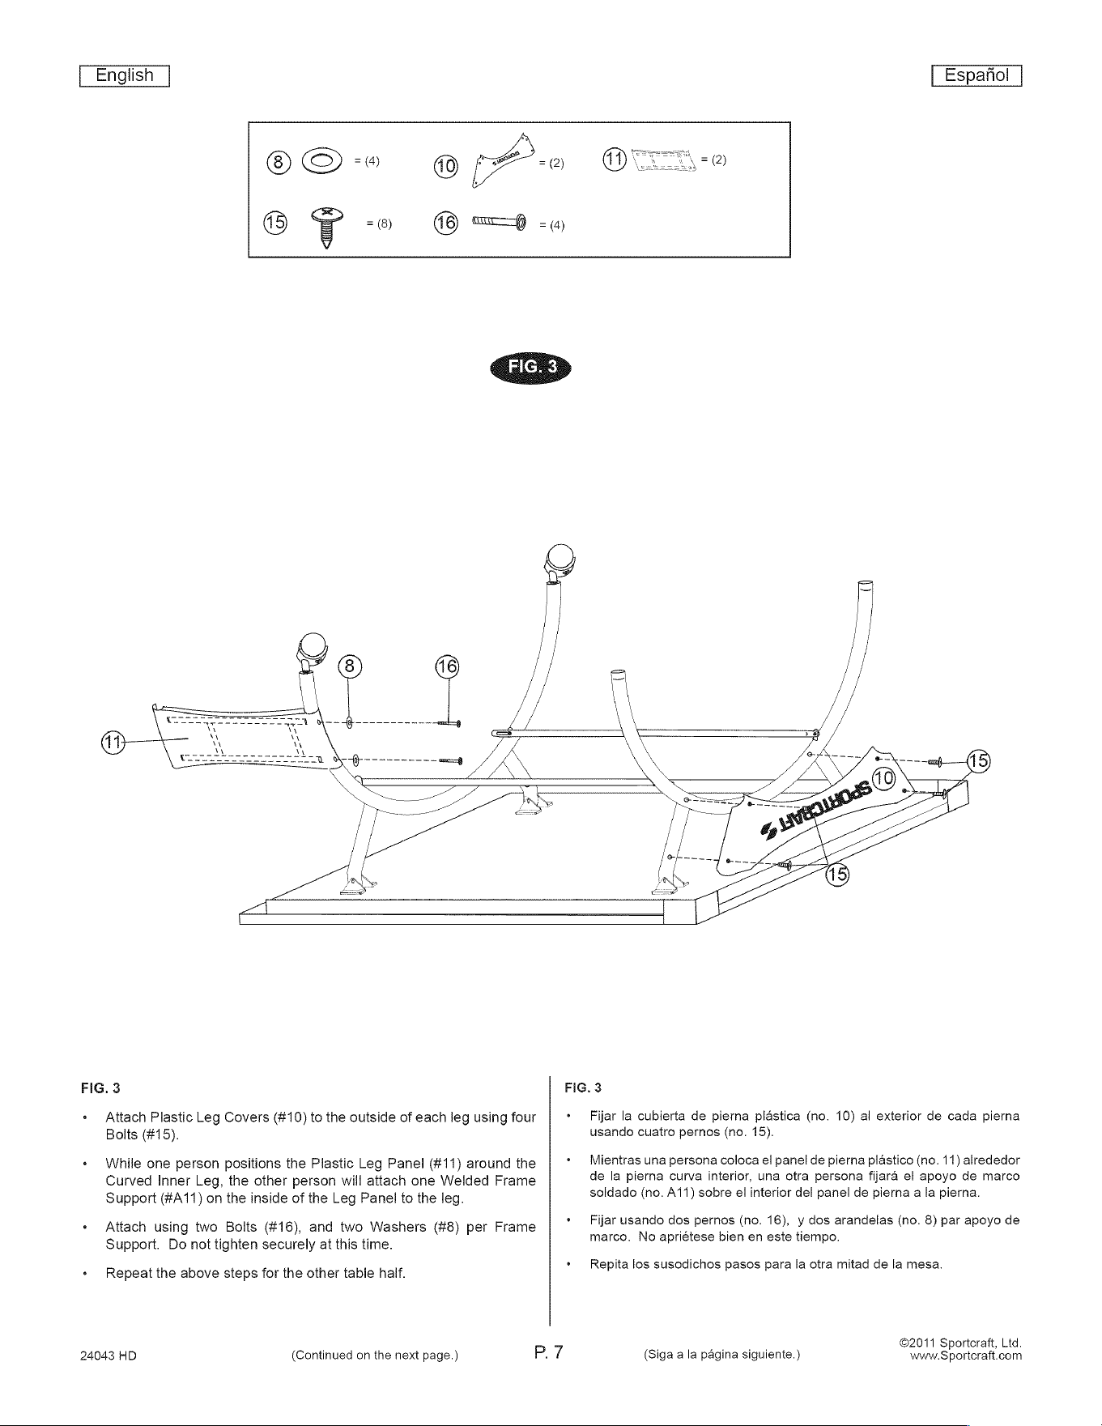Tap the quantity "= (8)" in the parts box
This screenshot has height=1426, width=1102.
tap(379, 224)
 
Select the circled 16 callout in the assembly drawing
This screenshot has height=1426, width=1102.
tap(447, 666)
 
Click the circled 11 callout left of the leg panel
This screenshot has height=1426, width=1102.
tap(113, 741)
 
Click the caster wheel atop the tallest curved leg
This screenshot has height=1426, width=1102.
tap(560, 558)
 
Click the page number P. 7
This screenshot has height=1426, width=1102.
tap(554, 1352)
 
